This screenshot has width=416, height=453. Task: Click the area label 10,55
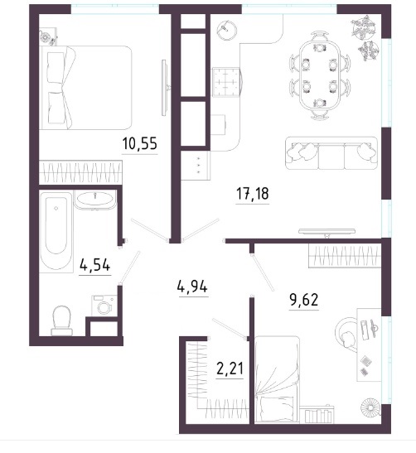[139, 143]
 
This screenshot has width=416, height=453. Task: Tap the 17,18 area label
[253, 193]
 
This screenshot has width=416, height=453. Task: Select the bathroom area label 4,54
[95, 265]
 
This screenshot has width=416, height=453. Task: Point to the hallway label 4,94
[192, 287]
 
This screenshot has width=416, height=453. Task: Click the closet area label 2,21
[230, 369]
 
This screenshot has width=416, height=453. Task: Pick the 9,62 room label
[304, 300]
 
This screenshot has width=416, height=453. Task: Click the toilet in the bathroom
[61, 320]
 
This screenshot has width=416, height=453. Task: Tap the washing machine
[104, 306]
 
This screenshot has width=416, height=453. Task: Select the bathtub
[56, 231]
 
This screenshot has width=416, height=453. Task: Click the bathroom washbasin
[94, 199]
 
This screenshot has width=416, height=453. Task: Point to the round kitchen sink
[227, 31]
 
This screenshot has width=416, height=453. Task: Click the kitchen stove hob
[227, 82]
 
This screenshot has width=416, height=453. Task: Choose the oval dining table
[319, 75]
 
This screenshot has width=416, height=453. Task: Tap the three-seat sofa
[331, 153]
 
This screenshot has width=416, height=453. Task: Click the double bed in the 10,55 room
[85, 88]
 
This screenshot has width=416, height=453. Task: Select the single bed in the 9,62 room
[277, 379]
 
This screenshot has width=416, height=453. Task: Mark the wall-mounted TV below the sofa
[327, 231]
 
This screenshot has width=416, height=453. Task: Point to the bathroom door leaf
[130, 267]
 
